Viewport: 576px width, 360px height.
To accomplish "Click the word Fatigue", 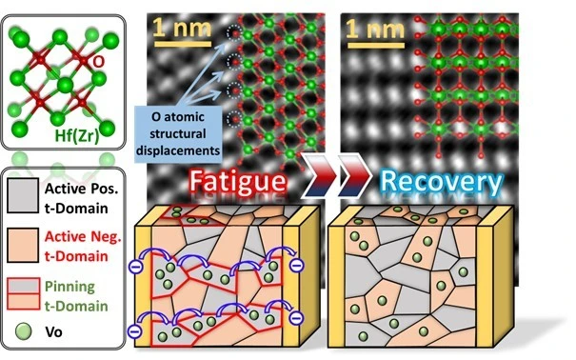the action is pyautogui.click(x=238, y=181).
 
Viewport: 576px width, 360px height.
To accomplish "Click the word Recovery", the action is pyautogui.click(x=441, y=182).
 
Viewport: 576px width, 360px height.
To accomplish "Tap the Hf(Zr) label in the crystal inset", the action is pyautogui.click(x=77, y=136).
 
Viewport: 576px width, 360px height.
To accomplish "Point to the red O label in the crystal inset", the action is pyautogui.click(x=98, y=62).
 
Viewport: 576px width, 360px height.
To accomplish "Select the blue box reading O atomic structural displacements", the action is pyautogui.click(x=179, y=134).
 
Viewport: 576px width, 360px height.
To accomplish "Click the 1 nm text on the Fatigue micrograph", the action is pyautogui.click(x=183, y=28).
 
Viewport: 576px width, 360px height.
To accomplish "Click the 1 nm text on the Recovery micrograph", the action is pyautogui.click(x=375, y=29).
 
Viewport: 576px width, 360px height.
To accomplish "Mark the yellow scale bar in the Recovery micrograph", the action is pyautogui.click(x=376, y=46).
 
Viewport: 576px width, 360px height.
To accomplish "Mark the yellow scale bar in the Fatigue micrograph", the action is pyautogui.click(x=183, y=44).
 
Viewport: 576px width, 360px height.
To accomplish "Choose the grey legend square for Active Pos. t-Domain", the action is pyautogui.click(x=23, y=195).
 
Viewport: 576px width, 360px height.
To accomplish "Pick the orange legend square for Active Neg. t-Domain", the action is pyautogui.click(x=23, y=245).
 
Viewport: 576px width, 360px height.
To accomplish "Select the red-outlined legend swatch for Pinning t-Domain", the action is pyautogui.click(x=24, y=294).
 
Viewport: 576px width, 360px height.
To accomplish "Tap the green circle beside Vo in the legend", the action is pyautogui.click(x=24, y=331).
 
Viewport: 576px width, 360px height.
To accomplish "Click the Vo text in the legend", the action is pyautogui.click(x=53, y=332).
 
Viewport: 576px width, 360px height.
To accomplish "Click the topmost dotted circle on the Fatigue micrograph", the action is pyautogui.click(x=234, y=33).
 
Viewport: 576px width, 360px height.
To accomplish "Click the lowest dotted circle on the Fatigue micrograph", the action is pyautogui.click(x=234, y=119).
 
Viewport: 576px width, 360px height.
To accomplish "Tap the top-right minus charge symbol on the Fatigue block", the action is pyautogui.click(x=296, y=265).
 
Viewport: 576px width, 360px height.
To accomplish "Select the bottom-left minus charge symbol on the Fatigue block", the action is pyautogui.click(x=135, y=331).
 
